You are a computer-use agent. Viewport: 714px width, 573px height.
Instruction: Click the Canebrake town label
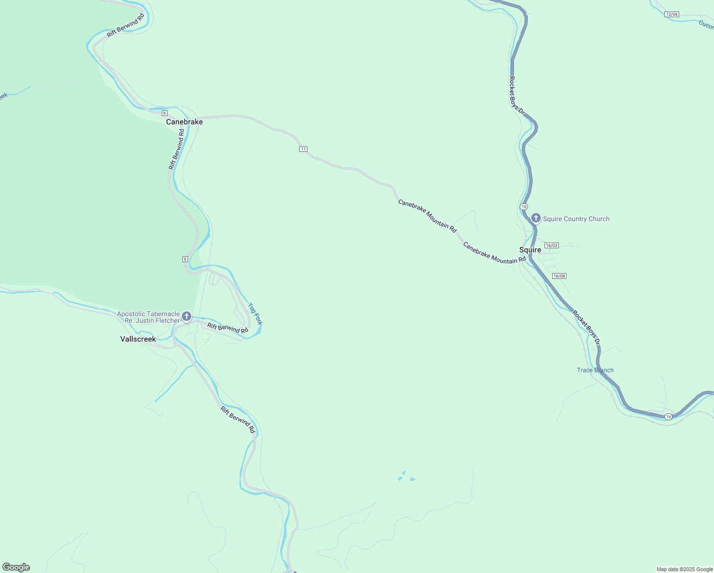pos(184,122)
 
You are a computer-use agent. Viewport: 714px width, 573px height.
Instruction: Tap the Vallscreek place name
pos(138,339)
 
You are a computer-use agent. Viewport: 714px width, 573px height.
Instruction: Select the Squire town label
pos(530,250)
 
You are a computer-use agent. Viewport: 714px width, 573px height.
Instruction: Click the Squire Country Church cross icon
pos(535,218)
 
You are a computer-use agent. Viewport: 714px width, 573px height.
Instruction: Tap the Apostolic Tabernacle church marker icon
pos(187,316)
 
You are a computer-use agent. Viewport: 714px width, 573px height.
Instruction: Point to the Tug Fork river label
pos(255,313)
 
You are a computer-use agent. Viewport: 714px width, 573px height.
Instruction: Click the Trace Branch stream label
pos(595,370)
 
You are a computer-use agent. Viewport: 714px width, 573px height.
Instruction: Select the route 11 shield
pos(303,149)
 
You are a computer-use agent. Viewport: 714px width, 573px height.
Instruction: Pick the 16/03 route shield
pos(551,245)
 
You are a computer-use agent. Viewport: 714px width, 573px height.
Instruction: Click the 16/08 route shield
pos(559,276)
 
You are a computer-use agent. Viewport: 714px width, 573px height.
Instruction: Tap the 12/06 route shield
pos(672,14)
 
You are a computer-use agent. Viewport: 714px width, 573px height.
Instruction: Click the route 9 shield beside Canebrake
pos(164,113)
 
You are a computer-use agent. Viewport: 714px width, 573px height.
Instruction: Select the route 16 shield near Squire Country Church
pos(524,206)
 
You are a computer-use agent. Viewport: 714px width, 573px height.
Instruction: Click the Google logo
pos(16,567)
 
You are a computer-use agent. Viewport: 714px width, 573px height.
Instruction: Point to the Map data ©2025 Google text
pos(684,569)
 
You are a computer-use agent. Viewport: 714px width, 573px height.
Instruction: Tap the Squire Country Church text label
pos(576,219)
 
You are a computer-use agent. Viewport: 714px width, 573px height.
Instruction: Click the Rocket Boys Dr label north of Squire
pos(516,95)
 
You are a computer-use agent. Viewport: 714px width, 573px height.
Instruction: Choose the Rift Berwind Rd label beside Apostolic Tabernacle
pos(228,328)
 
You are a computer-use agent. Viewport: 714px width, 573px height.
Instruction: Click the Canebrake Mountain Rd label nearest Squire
pos(494,253)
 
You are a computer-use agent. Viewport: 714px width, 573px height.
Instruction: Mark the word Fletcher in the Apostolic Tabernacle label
pos(167,321)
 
